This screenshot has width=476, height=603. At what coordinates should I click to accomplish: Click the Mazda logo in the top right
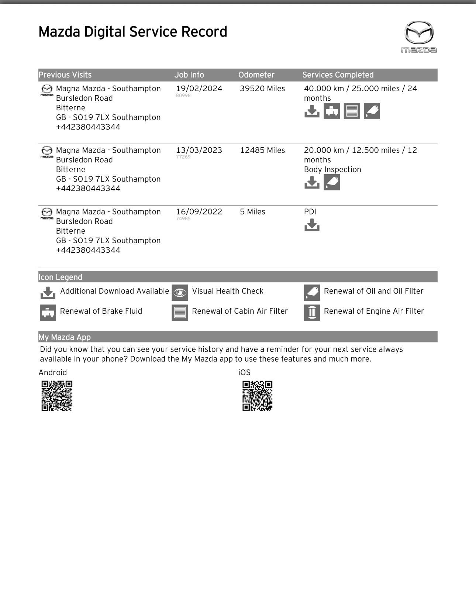[419, 36]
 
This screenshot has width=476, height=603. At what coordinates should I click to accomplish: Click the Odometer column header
[256, 75]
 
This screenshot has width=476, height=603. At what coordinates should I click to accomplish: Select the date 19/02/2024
[199, 89]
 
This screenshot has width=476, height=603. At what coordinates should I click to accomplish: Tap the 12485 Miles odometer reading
[262, 150]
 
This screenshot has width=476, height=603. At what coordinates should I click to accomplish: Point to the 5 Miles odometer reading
[252, 212]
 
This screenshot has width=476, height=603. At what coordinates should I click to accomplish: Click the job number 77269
[183, 157]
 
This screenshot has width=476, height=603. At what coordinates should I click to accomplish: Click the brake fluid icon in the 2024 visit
[332, 111]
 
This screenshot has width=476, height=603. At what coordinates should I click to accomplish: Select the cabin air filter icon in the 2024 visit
[352, 111]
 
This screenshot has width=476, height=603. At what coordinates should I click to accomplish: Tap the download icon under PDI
[312, 225]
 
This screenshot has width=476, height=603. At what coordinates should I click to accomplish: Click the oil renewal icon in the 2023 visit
[332, 182]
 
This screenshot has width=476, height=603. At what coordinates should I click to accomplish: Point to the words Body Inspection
[332, 169]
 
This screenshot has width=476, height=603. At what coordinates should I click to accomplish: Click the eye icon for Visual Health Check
[180, 293]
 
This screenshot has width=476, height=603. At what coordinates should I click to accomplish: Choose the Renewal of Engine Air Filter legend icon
[312, 313]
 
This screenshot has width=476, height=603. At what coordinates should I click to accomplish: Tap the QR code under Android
[57, 396]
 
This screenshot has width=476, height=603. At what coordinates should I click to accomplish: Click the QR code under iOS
[257, 396]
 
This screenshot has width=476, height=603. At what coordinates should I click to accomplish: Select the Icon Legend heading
[61, 277]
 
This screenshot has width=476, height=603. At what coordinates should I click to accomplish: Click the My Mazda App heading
[65, 337]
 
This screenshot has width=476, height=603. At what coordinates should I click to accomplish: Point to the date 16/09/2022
[199, 212]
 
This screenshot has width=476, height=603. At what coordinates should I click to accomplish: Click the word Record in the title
[204, 32]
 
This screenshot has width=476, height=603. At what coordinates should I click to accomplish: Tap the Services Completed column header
[338, 75]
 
